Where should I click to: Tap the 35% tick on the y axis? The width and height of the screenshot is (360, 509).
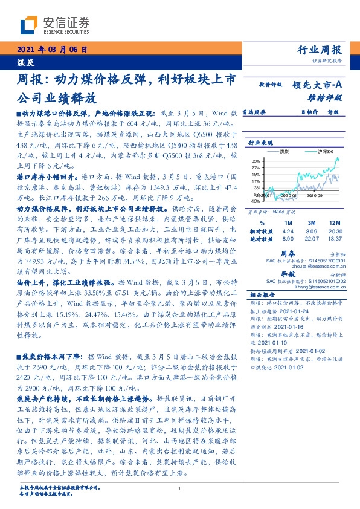[x=256, y=161]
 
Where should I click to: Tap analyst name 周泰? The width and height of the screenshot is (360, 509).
[x=288, y=254]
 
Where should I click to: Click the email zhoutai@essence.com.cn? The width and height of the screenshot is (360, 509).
[x=314, y=267]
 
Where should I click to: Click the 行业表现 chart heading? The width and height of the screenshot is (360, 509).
[x=261, y=142]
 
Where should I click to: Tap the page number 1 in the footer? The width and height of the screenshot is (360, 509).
[x=180, y=489]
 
